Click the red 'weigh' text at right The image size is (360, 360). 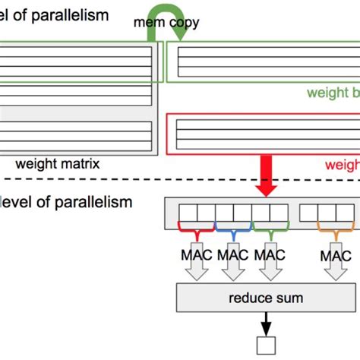tap(342, 164)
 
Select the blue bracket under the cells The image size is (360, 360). tap(232, 226)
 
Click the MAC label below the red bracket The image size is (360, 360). tap(194, 255)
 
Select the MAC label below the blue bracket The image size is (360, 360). tap(232, 255)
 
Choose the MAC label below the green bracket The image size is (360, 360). tap(270, 255)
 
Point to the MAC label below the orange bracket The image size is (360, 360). tap(335, 255)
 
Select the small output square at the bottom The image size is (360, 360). tap(265, 346)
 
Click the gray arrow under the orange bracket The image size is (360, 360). tap(335, 266)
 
